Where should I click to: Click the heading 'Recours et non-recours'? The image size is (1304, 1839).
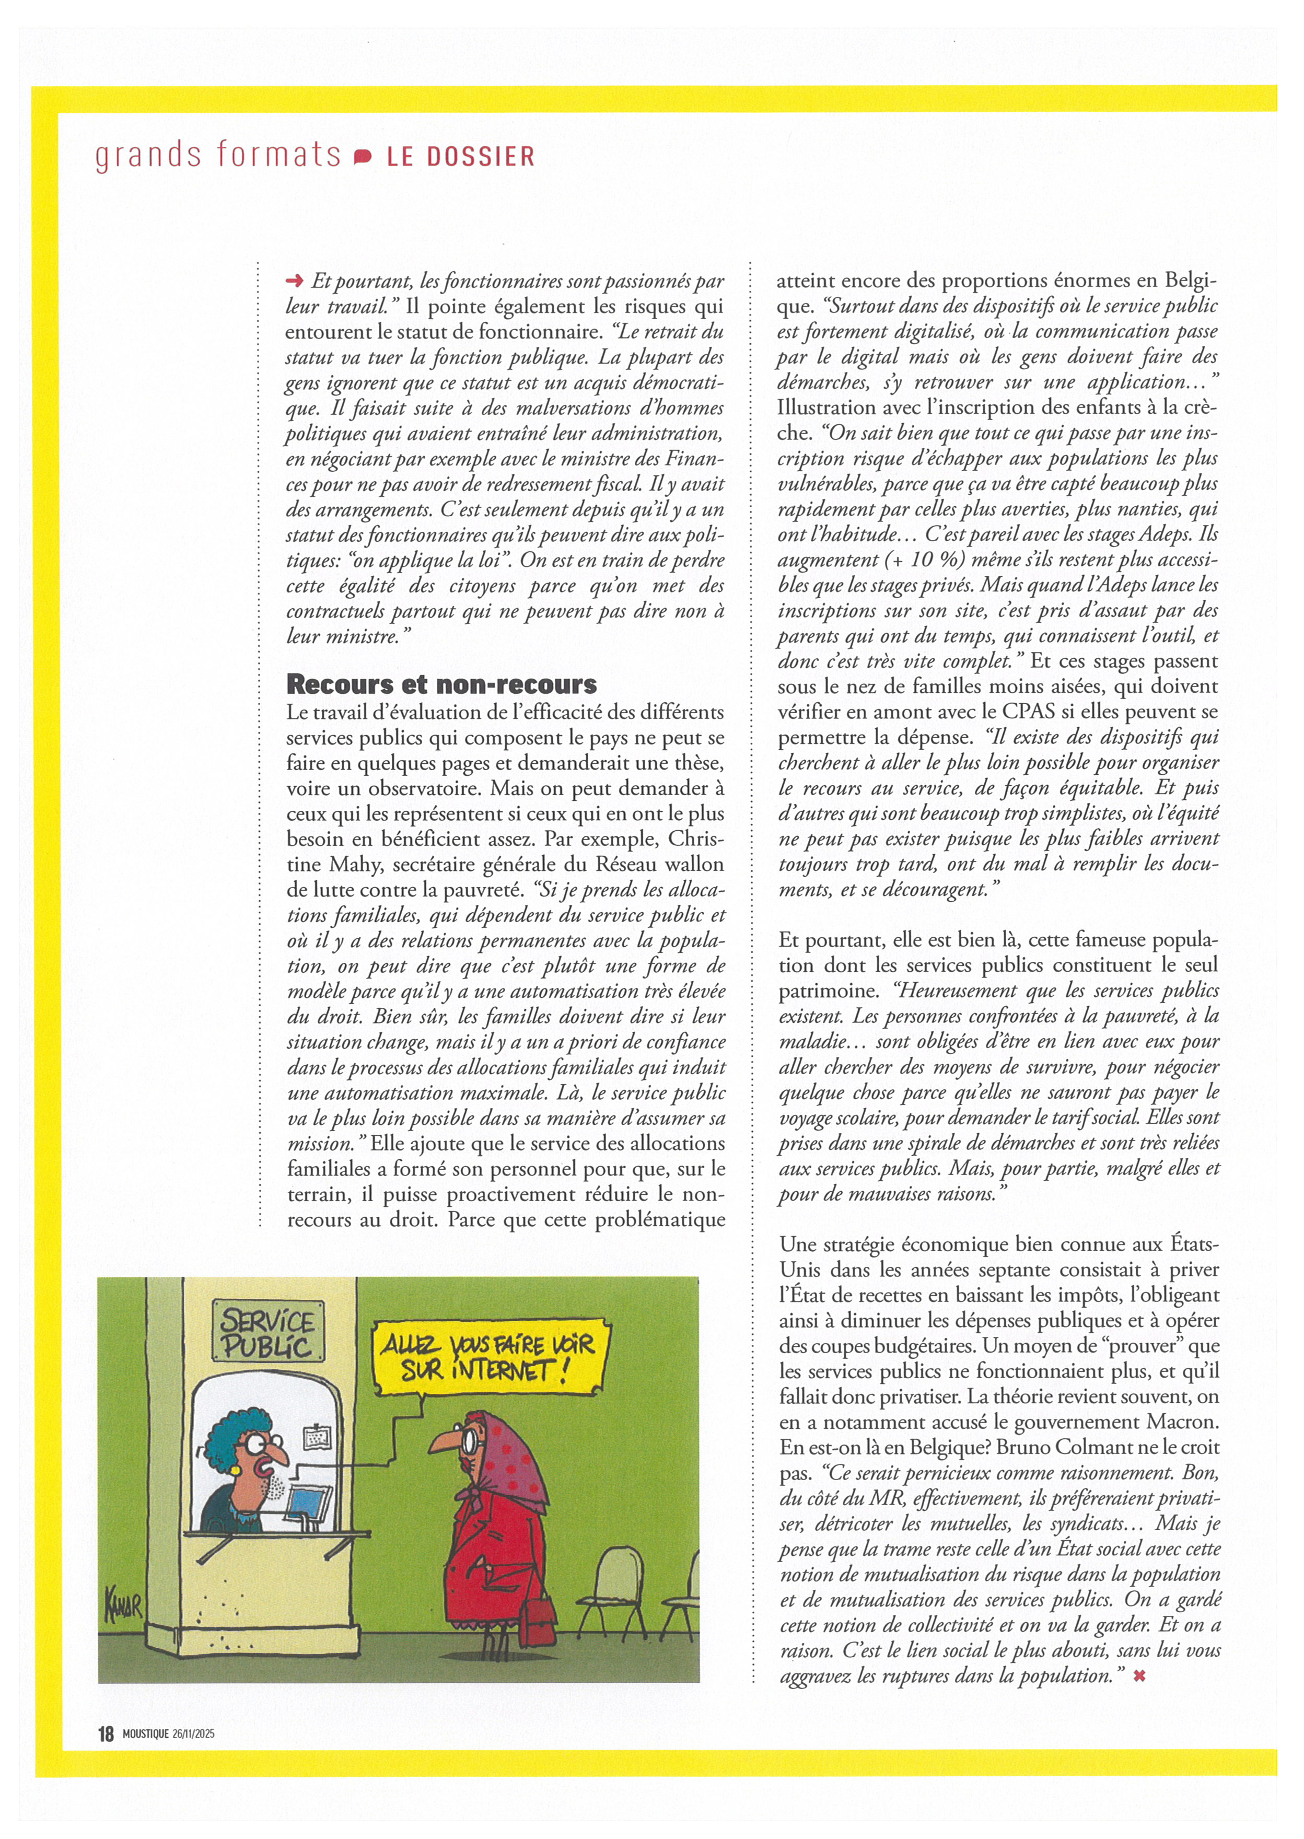pos(441,684)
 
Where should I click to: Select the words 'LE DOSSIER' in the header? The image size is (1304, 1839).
pos(461,157)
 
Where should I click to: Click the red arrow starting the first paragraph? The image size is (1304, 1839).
pos(295,280)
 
